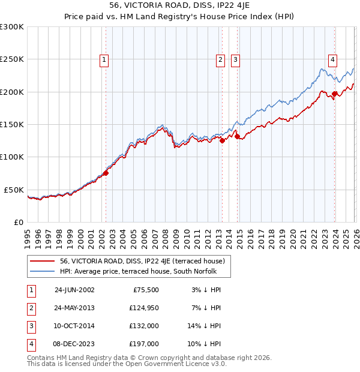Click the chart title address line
click(x=180, y=5)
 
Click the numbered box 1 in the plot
click(x=104, y=59)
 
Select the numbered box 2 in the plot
click(x=220, y=59)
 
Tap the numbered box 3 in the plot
click(x=235, y=59)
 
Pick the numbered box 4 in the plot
click(x=332, y=59)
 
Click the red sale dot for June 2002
click(x=106, y=173)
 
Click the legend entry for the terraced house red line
click(x=142, y=261)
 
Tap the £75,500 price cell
click(x=144, y=289)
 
